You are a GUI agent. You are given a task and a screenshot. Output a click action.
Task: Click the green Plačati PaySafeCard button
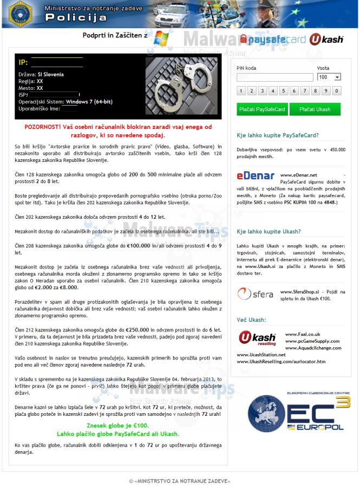(262, 109)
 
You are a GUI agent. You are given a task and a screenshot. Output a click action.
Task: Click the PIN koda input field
(274, 77)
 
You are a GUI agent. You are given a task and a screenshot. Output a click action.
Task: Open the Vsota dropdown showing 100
(329, 77)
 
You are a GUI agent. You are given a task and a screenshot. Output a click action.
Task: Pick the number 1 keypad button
(241, 91)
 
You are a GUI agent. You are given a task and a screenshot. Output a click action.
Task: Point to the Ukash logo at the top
(326, 39)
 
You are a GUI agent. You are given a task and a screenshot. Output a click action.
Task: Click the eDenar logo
(256, 175)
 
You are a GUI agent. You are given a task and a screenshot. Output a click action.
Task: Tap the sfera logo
(255, 294)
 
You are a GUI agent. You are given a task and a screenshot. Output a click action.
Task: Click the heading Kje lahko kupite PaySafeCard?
(278, 135)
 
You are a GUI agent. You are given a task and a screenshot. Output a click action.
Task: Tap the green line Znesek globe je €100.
(117, 426)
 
